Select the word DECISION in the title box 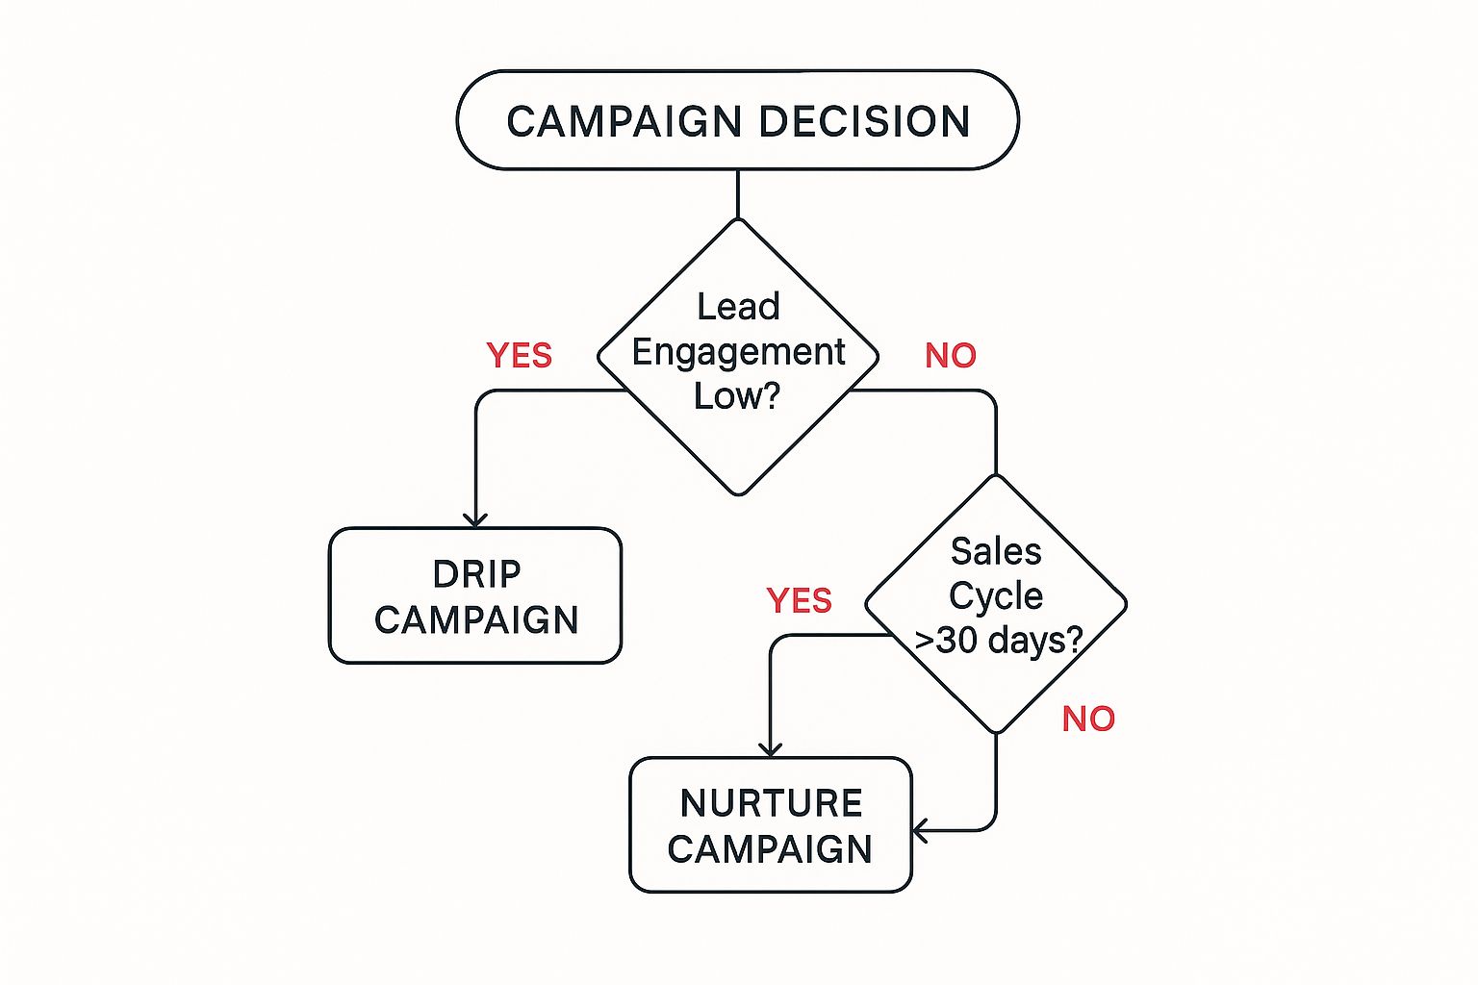[864, 122]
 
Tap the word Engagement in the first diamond [738, 352]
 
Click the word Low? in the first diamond [737, 396]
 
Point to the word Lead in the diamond [738, 307]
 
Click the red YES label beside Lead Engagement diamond [520, 356]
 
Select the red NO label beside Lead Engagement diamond [950, 356]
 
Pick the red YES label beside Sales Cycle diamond [799, 601]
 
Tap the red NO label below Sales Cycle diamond [1088, 720]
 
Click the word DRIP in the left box [476, 574]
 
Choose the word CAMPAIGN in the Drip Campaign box [476, 620]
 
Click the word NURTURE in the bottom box [771, 803]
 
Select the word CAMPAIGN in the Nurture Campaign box [770, 849]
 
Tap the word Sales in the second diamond [996, 552]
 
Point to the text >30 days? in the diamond [998, 640]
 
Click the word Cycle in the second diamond [996, 596]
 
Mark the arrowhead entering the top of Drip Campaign [476, 520]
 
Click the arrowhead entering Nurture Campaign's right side [920, 830]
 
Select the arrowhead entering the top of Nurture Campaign [771, 749]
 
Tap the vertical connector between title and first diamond [738, 194]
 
